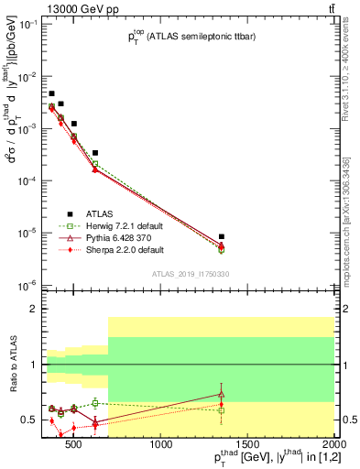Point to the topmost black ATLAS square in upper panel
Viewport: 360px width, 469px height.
[x=52, y=93]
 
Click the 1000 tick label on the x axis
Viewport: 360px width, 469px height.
[x=161, y=445]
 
